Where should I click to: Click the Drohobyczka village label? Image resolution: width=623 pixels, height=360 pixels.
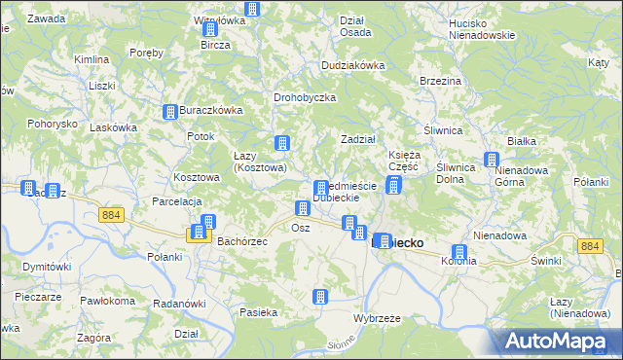click(x=305, y=97)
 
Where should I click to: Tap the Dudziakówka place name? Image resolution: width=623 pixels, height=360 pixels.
click(x=353, y=65)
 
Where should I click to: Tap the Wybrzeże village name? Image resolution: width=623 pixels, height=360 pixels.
click(x=378, y=318)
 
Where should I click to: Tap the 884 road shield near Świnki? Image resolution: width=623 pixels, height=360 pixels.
click(x=588, y=247)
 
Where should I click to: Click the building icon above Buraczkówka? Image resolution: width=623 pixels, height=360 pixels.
click(x=170, y=113)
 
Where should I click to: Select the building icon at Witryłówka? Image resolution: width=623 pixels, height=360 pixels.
click(x=253, y=10)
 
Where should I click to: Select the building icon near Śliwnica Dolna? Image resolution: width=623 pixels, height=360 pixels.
click(x=491, y=161)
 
